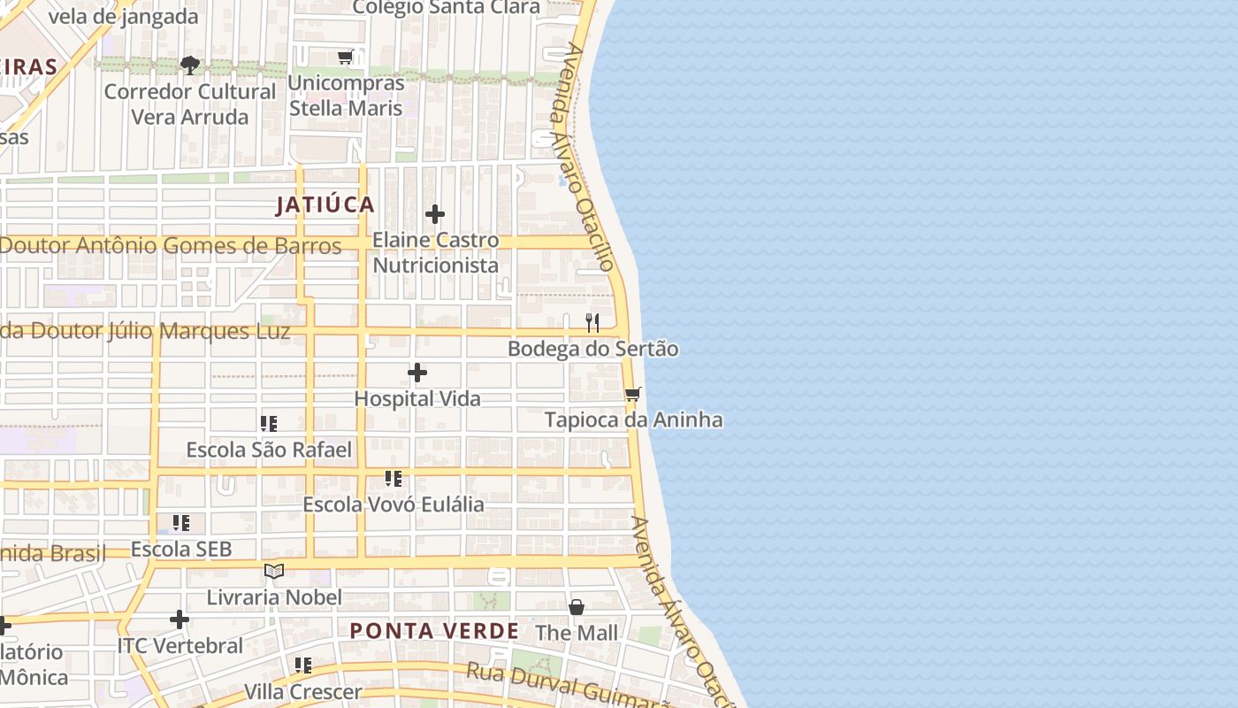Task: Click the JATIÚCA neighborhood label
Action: point(325,205)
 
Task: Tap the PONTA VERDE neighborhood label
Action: point(434,631)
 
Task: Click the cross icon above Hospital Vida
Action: point(417,373)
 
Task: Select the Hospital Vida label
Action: point(417,399)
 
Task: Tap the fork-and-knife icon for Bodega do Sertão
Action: point(592,323)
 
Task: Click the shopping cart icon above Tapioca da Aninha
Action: point(632,394)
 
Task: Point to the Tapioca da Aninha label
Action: point(633,419)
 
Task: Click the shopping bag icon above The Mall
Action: point(577,607)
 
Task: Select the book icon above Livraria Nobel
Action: point(274,572)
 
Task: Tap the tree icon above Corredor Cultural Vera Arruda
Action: point(189,65)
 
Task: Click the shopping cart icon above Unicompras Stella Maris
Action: point(346,58)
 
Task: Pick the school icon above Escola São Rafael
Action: point(269,424)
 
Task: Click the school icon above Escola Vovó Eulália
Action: point(394,479)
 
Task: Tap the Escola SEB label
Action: point(181,550)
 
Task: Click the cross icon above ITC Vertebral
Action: point(180,619)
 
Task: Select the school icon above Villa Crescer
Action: point(303,666)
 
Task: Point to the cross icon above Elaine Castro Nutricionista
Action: point(435,214)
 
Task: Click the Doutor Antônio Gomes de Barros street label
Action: point(171,246)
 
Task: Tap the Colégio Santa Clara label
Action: point(446,8)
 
